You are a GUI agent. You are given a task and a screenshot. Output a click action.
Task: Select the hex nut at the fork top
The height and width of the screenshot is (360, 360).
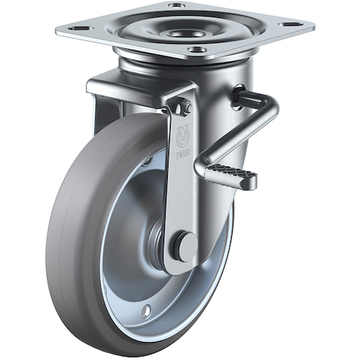(x=186, y=108)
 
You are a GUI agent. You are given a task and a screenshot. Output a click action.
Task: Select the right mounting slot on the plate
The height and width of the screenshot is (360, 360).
(x=292, y=25)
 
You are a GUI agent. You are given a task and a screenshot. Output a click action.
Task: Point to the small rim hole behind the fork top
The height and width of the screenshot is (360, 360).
(x=148, y=162)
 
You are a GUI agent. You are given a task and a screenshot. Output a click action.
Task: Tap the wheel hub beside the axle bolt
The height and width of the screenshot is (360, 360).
(x=160, y=241)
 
